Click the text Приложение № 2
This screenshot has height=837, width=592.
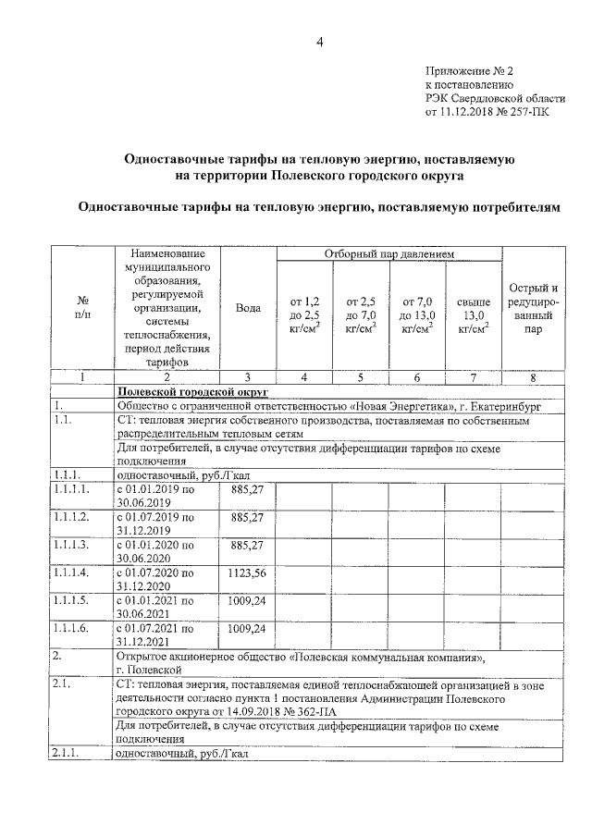[468, 70]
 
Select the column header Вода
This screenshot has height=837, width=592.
[247, 309]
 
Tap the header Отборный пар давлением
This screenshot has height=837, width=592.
[388, 253]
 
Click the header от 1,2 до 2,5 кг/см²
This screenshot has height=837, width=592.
[304, 314]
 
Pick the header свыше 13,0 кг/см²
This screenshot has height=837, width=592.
[473, 314]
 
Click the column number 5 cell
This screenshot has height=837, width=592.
[360, 376]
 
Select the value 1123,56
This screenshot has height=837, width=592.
[247, 572]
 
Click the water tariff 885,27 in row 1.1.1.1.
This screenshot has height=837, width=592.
[247, 489]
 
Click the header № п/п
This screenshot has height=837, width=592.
[81, 309]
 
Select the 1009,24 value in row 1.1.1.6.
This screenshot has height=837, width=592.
[247, 629]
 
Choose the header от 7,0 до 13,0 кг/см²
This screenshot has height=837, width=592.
[416, 314]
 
